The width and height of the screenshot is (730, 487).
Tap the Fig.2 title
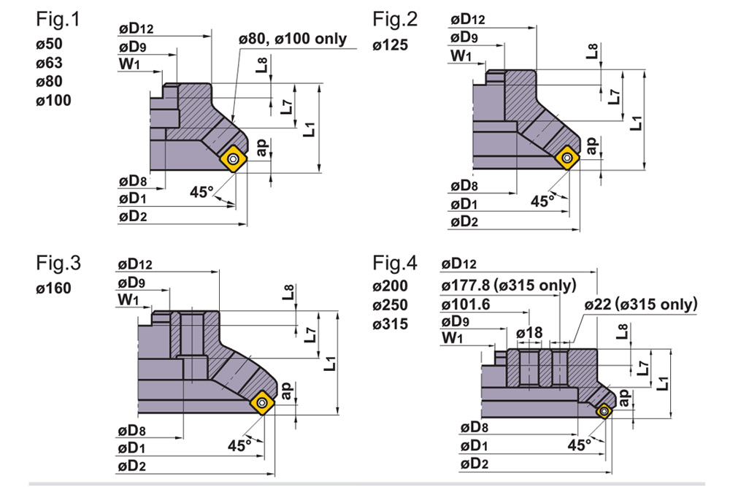click(394, 20)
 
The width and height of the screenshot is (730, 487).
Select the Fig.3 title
click(58, 263)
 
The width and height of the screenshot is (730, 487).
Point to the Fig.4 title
click(395, 263)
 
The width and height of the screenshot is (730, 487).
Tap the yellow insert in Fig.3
click(263, 402)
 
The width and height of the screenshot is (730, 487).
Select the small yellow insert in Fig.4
click(604, 411)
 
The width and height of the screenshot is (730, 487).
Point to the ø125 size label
click(391, 45)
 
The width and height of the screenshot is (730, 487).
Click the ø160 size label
click(54, 288)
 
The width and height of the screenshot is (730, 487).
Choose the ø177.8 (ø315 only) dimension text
click(508, 284)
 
